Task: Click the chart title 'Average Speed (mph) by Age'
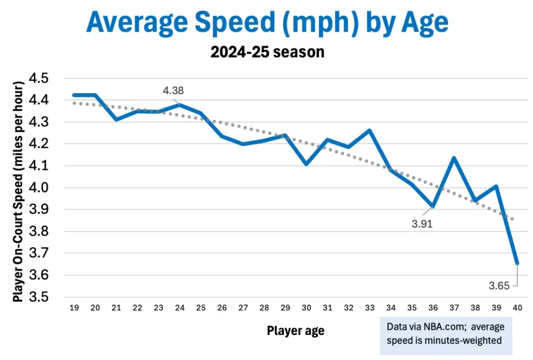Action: pyautogui.click(x=266, y=23)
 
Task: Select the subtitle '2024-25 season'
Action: pyautogui.click(x=266, y=52)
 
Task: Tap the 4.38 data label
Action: pyautogui.click(x=173, y=91)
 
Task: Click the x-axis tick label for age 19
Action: pyautogui.click(x=73, y=308)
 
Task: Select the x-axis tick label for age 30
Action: pyautogui.click(x=307, y=308)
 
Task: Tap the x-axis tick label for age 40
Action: pyautogui.click(x=517, y=308)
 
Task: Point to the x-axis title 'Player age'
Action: pyautogui.click(x=295, y=331)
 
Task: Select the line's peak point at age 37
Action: pyautogui.click(x=454, y=158)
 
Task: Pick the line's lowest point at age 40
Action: pyautogui.click(x=517, y=263)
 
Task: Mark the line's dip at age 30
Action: pyautogui.click(x=306, y=164)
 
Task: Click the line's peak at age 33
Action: pyautogui.click(x=370, y=130)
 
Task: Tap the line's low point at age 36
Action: pyautogui.click(x=433, y=207)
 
